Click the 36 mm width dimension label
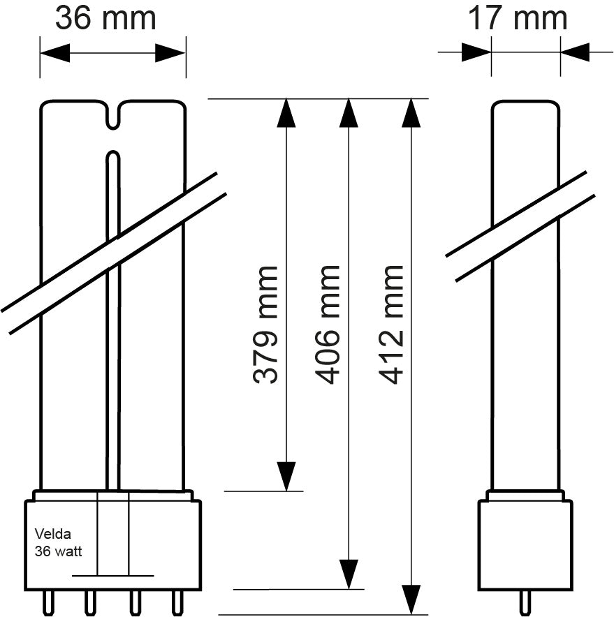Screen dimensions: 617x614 coord(105,18)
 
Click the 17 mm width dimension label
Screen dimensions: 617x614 coord(517,18)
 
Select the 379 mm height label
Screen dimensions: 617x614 coord(266,325)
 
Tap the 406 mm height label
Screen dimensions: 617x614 coord(328,325)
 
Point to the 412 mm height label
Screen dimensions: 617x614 coord(392,325)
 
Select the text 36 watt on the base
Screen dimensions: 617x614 coord(59,551)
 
